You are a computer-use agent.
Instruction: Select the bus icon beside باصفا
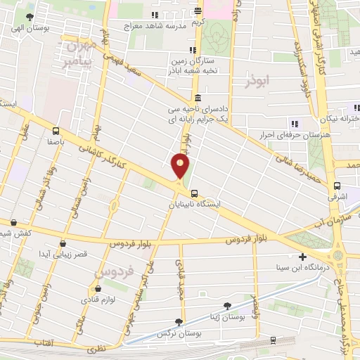pos(56,130)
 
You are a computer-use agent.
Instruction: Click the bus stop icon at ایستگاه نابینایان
pos(194,193)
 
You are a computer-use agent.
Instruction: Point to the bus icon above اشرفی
pos(337,186)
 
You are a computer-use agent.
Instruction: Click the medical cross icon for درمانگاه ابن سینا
pos(302,257)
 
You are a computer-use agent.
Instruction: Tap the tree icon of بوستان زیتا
pos(226,306)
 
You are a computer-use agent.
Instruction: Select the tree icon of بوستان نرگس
pos(178,321)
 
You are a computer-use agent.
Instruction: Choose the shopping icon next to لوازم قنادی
pos(98,289)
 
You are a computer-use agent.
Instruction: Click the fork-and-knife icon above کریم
pos(198,11)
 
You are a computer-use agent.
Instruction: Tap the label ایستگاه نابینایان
pos(194,205)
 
